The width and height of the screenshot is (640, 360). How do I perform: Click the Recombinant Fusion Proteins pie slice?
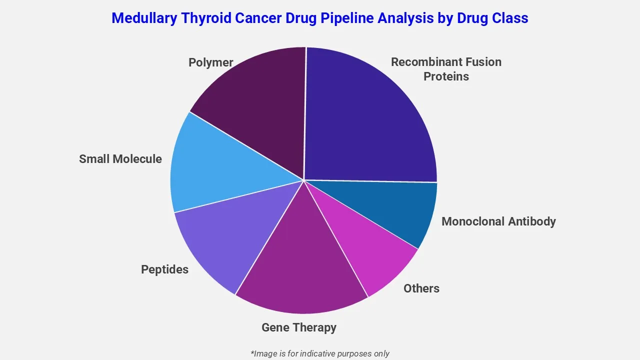pyautogui.click(x=370, y=115)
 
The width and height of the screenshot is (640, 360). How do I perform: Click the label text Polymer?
pyautogui.click(x=210, y=62)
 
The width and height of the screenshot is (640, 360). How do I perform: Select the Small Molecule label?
pyautogui.click(x=120, y=159)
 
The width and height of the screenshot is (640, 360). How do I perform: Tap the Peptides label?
pyautogui.click(x=164, y=269)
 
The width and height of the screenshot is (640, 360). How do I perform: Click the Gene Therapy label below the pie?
pyautogui.click(x=299, y=327)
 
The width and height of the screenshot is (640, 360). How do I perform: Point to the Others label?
pyautogui.click(x=421, y=288)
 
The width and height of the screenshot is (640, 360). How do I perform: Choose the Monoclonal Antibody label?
pyautogui.click(x=498, y=221)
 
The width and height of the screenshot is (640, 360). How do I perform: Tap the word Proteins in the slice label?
pyautogui.click(x=446, y=76)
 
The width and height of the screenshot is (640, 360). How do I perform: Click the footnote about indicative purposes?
pyautogui.click(x=320, y=353)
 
